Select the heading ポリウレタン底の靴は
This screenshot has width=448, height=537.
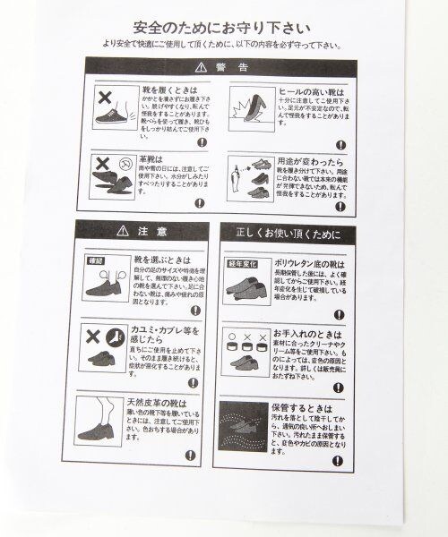[x=304, y=263]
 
